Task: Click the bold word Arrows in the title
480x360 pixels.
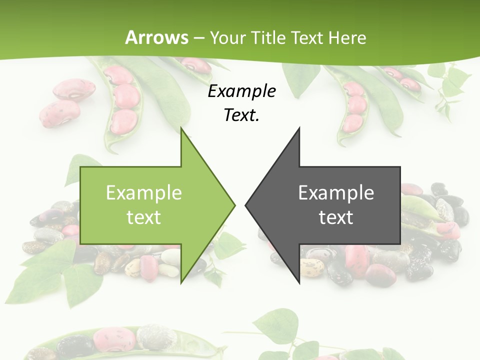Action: (157, 37)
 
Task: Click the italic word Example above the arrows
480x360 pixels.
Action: (241, 91)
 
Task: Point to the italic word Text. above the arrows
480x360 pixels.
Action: (241, 115)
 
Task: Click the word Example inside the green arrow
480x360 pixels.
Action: (144, 193)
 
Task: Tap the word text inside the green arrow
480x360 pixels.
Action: (144, 217)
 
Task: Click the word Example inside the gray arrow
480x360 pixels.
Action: (336, 193)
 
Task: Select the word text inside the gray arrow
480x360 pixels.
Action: (336, 217)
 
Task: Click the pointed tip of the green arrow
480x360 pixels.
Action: (234, 204)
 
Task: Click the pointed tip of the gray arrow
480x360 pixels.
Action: (245, 204)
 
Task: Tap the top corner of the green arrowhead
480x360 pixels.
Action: (181, 128)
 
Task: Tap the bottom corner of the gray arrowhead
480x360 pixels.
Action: (299, 282)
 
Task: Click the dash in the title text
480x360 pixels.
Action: (199, 38)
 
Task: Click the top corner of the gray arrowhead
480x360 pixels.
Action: (299, 128)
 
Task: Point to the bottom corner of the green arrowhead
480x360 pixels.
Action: (181, 282)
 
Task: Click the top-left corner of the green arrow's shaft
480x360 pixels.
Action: (81, 167)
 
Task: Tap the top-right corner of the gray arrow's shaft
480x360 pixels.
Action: (400, 167)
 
